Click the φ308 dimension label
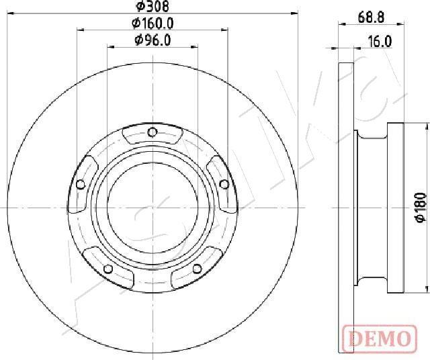coord(153,6)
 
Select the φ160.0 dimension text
coord(153,24)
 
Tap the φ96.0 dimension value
coord(153,40)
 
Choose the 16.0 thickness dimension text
coord(380,42)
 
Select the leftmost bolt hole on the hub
coord(81,184)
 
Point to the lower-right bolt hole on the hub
coord(197,269)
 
